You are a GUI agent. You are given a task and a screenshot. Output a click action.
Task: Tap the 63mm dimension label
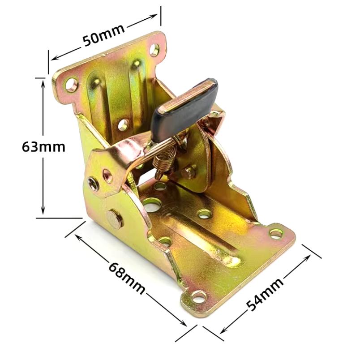tap(43, 147)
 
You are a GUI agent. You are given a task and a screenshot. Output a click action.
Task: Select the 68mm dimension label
tap(127, 277)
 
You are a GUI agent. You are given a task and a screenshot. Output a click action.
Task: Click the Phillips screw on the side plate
tap(94, 183)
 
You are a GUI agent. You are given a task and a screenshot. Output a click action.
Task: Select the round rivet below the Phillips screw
tap(114, 218)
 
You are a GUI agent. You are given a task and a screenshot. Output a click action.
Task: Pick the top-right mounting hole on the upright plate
tap(154, 50)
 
